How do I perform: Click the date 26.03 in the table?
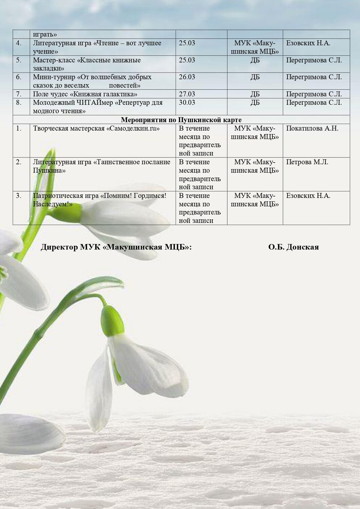point(187,77)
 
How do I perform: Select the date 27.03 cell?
point(187,94)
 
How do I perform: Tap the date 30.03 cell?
point(187,102)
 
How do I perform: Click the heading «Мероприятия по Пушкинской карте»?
point(181,120)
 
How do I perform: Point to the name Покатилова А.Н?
point(312,128)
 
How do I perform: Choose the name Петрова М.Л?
point(307,162)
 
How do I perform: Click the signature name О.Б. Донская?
point(293,247)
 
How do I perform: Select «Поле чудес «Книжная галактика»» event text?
point(85,94)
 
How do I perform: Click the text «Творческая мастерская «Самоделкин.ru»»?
point(96,128)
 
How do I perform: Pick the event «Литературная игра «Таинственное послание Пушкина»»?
point(101,166)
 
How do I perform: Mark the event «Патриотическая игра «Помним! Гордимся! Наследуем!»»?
point(100,200)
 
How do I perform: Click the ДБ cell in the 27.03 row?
point(255,94)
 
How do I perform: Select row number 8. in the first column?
point(19,102)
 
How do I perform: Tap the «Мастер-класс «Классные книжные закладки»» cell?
point(87,64)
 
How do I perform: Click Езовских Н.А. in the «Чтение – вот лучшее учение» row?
point(308,43)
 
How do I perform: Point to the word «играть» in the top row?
point(45,34)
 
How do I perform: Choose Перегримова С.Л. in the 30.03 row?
point(314,102)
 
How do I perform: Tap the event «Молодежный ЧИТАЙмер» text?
point(98,107)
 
